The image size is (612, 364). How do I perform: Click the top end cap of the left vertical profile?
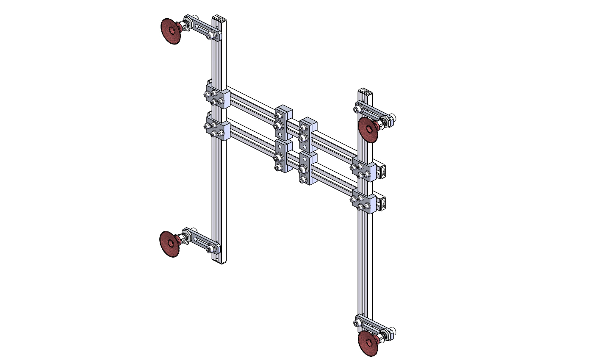click(219, 18)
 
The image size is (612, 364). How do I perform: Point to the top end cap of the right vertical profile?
click(365, 92)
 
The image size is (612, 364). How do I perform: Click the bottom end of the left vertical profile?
click(220, 261)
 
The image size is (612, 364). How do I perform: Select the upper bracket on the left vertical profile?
click(217, 97)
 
